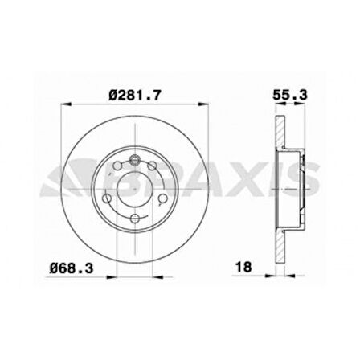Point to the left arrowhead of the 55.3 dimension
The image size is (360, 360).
click(x=276, y=106)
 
